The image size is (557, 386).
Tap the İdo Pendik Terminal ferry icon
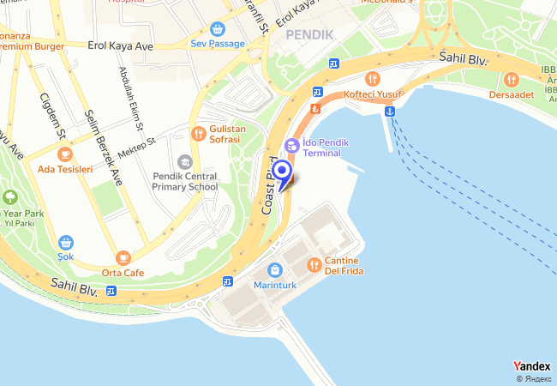[291, 147]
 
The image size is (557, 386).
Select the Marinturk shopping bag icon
[274, 269]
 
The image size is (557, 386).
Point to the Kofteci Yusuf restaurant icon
[371, 78]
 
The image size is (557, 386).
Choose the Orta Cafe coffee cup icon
[123, 257]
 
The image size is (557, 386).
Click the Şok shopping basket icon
[66, 242]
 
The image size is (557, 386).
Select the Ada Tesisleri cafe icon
[65, 154]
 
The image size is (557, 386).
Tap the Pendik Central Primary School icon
[185, 161]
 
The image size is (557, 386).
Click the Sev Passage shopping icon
[218, 28]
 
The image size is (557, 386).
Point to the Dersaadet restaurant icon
[512, 80]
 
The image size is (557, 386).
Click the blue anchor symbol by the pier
[389, 111]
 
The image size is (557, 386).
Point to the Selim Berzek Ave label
[102, 147]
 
